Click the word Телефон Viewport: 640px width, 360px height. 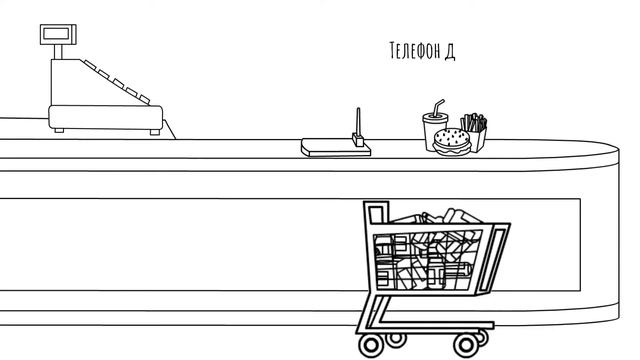coord(415,51)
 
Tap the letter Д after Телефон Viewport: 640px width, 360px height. coord(450,52)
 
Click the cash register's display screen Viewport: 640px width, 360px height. coord(56,33)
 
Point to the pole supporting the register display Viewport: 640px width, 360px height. coord(58,52)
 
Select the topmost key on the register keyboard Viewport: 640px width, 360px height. coord(89,64)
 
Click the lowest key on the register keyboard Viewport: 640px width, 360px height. coord(144,99)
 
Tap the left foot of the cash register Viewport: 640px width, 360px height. coord(59,131)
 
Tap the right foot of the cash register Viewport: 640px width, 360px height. coord(155,132)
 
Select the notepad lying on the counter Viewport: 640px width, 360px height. coord(336,147)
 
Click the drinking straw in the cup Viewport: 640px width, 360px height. coord(438,107)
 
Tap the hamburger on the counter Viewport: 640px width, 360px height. coord(452,142)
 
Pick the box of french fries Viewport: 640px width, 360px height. coord(475,133)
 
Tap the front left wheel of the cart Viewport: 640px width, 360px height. coord(371,345)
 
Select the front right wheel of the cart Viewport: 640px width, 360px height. coord(466,345)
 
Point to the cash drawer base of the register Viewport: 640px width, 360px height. coord(106,117)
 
